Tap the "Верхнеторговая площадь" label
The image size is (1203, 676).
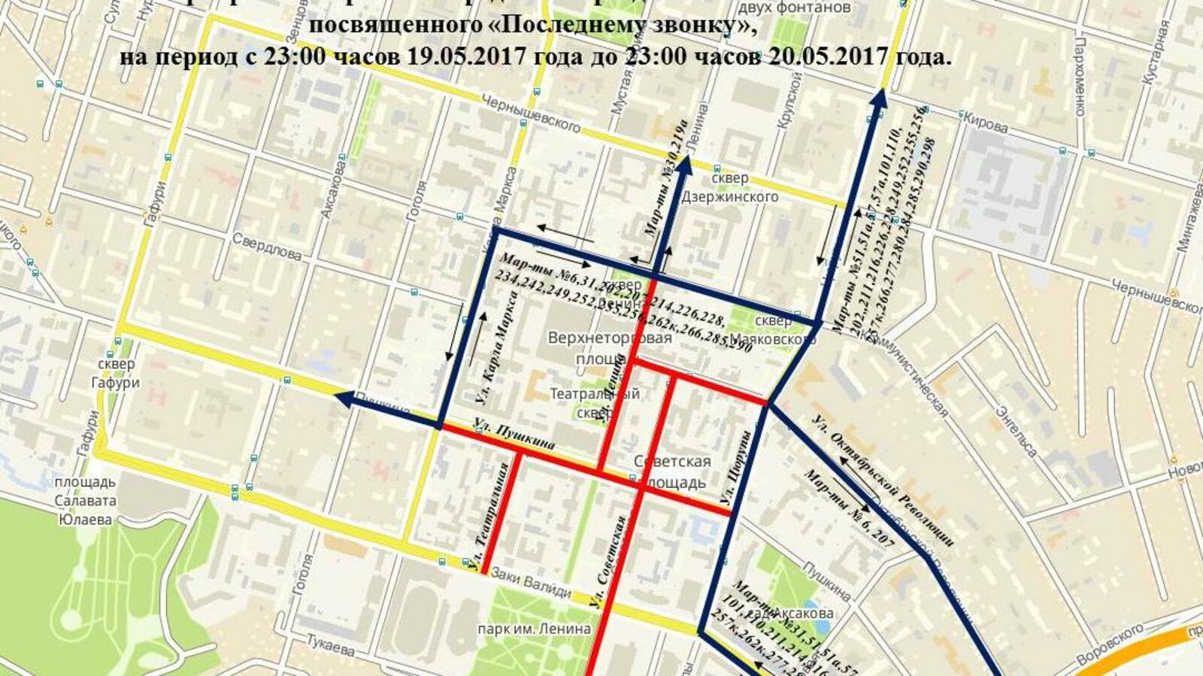(610, 347)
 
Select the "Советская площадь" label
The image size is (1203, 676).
(671, 471)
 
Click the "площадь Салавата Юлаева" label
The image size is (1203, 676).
(84, 501)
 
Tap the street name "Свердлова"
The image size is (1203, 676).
(266, 247)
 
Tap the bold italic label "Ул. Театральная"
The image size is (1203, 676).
(492, 519)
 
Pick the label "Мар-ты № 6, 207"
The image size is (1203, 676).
(850, 508)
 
